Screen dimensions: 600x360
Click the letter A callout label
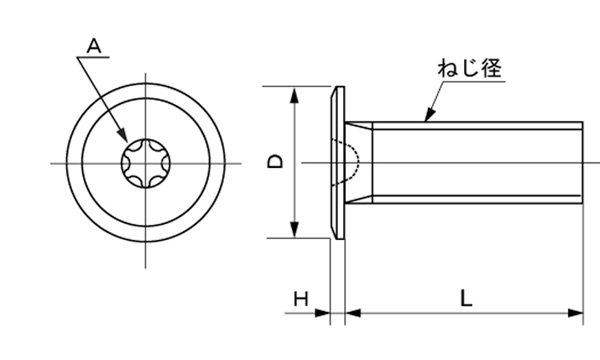click(x=94, y=46)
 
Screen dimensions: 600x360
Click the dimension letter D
click(x=275, y=162)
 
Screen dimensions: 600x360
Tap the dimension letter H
click(x=301, y=298)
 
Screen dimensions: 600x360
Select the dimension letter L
click(x=466, y=298)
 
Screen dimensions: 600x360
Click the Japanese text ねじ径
click(x=470, y=68)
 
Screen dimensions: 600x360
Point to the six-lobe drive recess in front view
click(x=146, y=163)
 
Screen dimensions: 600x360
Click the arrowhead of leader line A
click(x=122, y=134)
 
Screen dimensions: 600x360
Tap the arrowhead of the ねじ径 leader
click(x=430, y=114)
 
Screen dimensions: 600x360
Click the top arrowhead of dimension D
click(x=294, y=95)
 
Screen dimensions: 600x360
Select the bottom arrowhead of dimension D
click(x=294, y=229)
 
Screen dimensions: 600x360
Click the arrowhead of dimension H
click(x=322, y=313)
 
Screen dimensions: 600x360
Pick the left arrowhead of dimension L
click(x=353, y=313)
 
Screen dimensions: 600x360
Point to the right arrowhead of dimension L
click(x=575, y=313)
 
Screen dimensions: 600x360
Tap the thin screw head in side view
click(x=338, y=162)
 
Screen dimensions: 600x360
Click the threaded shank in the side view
click(x=478, y=162)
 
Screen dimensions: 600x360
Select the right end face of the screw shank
click(x=582, y=162)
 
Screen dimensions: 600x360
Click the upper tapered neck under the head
click(x=358, y=126)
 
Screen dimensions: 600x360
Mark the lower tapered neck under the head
click(x=358, y=199)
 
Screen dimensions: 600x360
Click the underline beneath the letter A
click(x=93, y=58)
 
